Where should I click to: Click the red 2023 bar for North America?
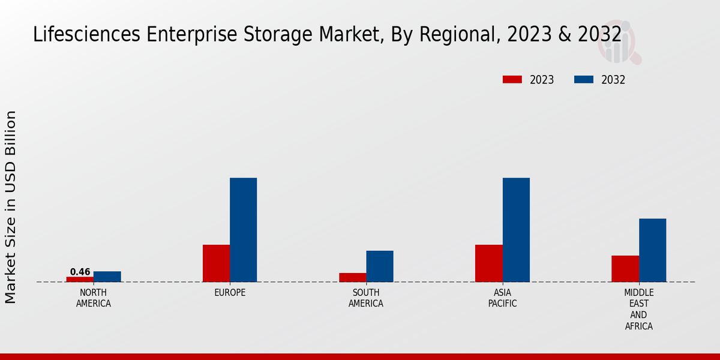click(80, 279)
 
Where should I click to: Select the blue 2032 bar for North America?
click(107, 277)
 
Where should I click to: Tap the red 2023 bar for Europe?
click(216, 263)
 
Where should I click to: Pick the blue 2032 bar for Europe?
click(243, 230)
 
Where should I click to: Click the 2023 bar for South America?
click(352, 277)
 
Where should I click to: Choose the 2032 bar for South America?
click(380, 266)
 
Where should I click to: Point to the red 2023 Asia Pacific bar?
click(488, 263)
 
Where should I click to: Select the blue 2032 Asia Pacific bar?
click(516, 230)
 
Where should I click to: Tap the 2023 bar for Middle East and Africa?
click(625, 268)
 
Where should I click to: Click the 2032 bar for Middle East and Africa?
click(652, 250)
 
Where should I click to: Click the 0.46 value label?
click(80, 272)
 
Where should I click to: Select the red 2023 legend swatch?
click(512, 80)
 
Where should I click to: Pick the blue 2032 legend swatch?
click(584, 80)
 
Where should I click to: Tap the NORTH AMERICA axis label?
click(94, 298)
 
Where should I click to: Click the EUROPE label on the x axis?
click(230, 293)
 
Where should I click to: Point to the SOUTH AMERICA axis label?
click(366, 298)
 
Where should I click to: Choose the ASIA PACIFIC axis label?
click(502, 298)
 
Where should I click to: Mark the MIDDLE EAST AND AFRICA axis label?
click(638, 310)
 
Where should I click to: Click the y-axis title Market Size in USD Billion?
click(11, 207)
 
